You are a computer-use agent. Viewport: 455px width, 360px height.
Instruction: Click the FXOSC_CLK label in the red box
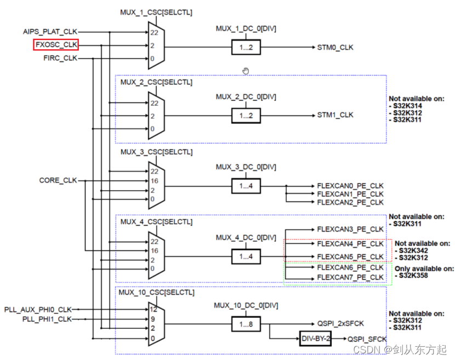(56, 45)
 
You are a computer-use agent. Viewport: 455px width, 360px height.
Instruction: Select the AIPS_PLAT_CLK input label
(50, 32)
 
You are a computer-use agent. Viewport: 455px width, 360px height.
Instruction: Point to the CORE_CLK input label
(58, 180)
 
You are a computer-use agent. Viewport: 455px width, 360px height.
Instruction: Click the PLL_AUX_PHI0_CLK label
(38, 309)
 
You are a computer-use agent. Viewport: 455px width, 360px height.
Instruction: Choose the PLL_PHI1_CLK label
(47, 318)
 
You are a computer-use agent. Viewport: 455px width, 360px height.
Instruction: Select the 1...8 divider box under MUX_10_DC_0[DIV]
(246, 325)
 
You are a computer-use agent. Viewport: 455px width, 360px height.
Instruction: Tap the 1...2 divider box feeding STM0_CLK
(246, 47)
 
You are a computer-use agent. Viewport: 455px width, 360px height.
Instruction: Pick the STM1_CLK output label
(335, 115)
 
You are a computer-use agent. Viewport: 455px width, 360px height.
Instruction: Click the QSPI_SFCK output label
(367, 339)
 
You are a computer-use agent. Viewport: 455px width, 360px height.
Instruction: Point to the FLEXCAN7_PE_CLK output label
(350, 278)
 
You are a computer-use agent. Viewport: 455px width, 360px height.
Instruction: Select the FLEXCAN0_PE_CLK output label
(350, 186)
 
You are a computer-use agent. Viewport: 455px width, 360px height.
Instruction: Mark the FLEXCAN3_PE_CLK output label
(350, 229)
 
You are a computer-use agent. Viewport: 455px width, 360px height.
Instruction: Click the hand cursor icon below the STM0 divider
(246, 70)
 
